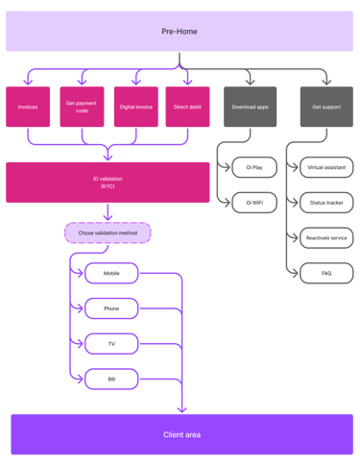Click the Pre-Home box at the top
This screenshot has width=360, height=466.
point(180,32)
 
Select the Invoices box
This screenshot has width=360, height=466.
point(28,107)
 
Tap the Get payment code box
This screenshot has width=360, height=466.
point(82,107)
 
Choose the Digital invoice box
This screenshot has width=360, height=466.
point(135,107)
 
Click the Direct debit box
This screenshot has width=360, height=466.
point(187,107)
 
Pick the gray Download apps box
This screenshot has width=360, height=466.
point(251,107)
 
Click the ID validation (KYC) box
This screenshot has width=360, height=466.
point(108,182)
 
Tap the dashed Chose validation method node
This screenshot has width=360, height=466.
point(108,232)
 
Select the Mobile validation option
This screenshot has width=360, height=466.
point(110,273)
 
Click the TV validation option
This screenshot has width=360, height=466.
point(110,343)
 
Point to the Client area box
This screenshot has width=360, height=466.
point(181,434)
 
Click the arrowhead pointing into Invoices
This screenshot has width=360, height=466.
point(28,82)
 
